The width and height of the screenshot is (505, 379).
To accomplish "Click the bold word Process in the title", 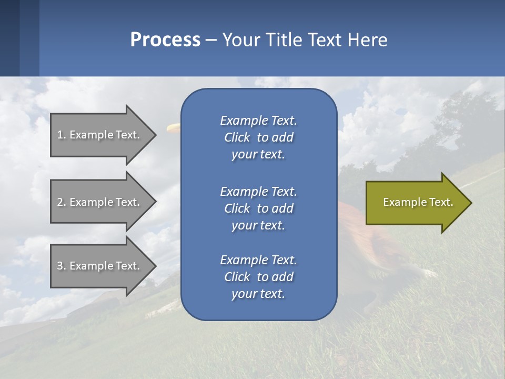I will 165,40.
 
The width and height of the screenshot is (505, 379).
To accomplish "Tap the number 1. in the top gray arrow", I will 62,135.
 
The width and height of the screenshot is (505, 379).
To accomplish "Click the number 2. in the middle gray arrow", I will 62,202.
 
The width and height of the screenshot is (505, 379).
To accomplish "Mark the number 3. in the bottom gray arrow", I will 62,266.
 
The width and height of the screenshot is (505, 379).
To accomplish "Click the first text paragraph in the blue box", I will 258,137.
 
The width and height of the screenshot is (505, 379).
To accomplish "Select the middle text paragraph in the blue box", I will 258,208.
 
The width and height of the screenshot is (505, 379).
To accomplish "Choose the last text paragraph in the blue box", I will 258,277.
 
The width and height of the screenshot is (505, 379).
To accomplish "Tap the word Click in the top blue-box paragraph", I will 237,138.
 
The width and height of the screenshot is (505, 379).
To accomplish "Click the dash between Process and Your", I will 211,41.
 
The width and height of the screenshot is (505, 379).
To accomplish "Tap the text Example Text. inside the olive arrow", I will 418,202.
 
